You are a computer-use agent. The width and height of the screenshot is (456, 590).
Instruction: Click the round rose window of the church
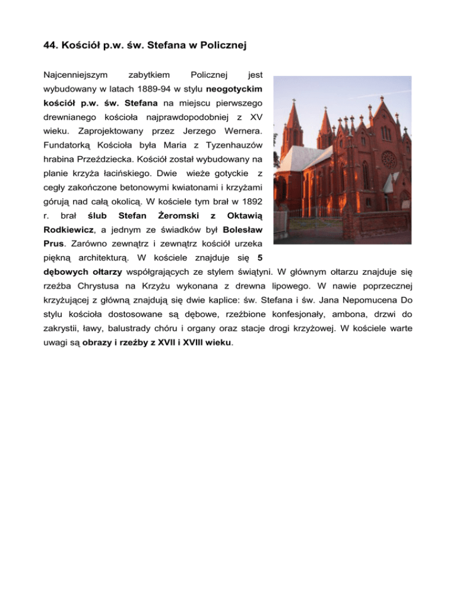(x=388, y=159)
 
